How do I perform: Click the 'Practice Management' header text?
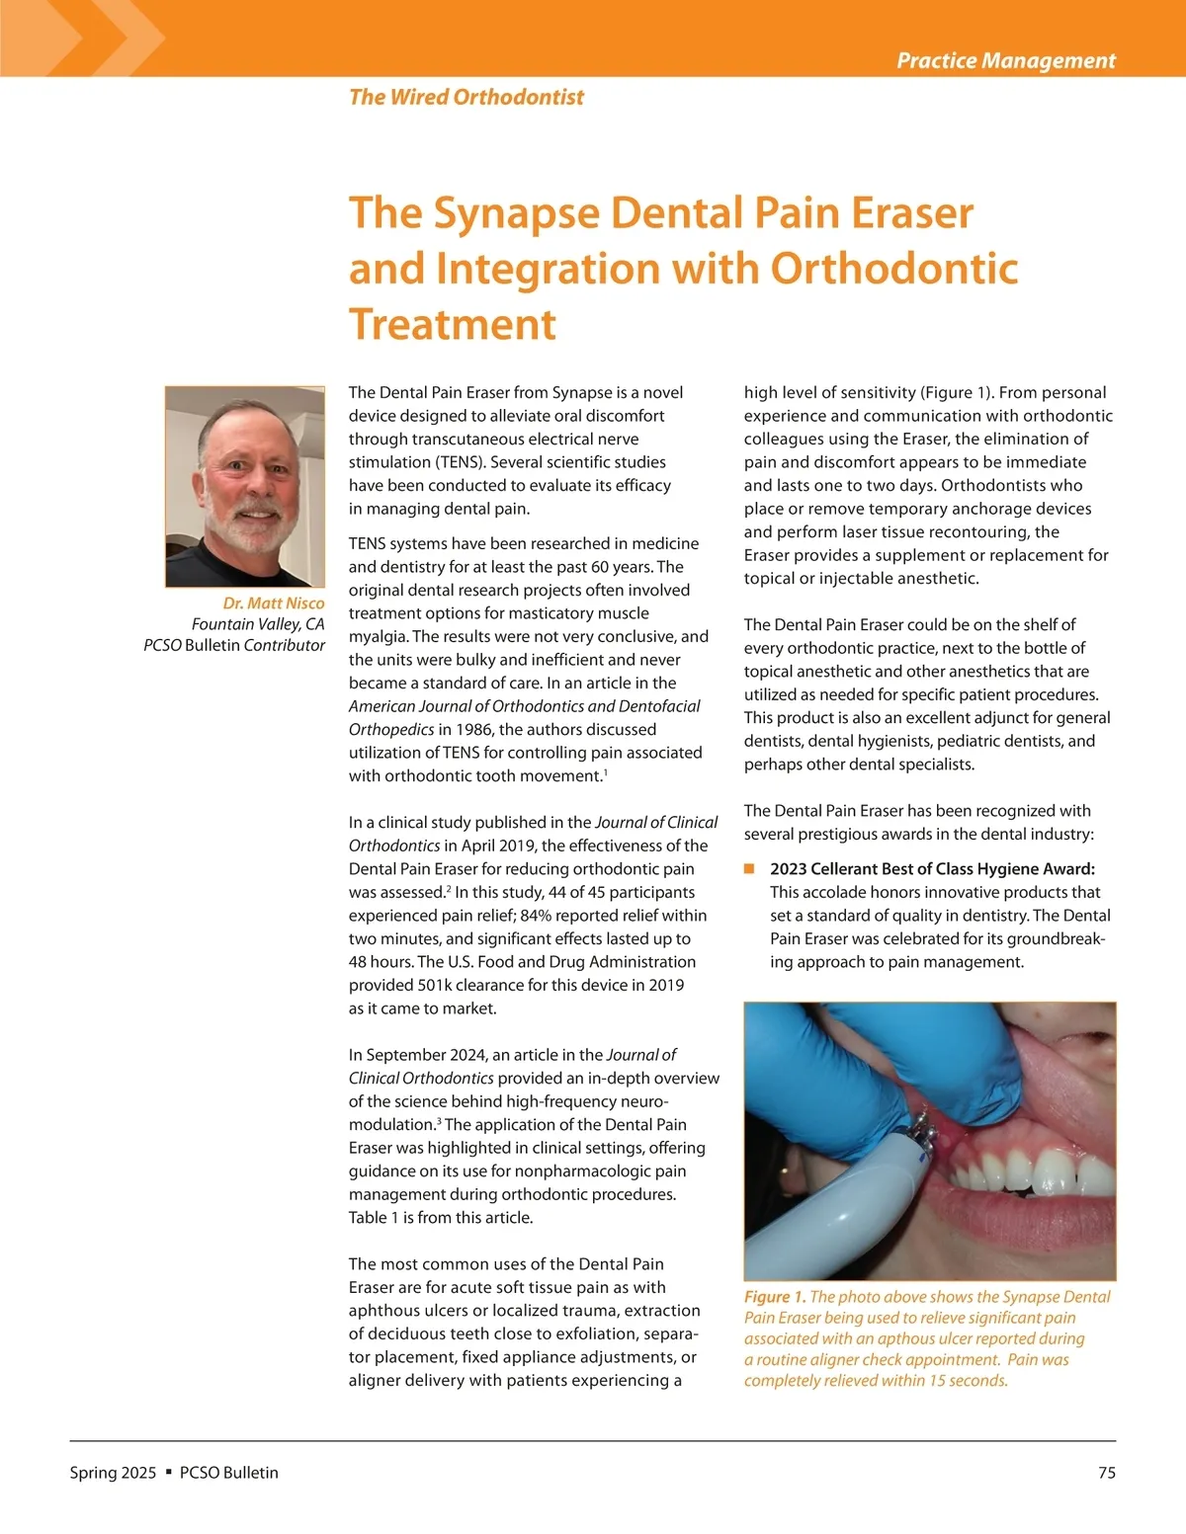pos(1005,60)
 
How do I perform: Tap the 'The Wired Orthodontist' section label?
pos(466,97)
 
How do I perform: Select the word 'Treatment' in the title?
pos(453,325)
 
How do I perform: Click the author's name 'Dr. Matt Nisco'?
pos(273,603)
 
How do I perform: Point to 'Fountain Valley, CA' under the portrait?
pos(258,624)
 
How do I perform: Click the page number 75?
pos(1106,1473)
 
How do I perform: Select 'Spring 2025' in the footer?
pos(113,1473)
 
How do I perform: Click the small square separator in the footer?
pos(168,1472)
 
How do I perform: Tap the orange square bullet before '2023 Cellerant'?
pos(749,868)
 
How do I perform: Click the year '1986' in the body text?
pos(475,730)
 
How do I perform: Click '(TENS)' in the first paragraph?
pos(464,462)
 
